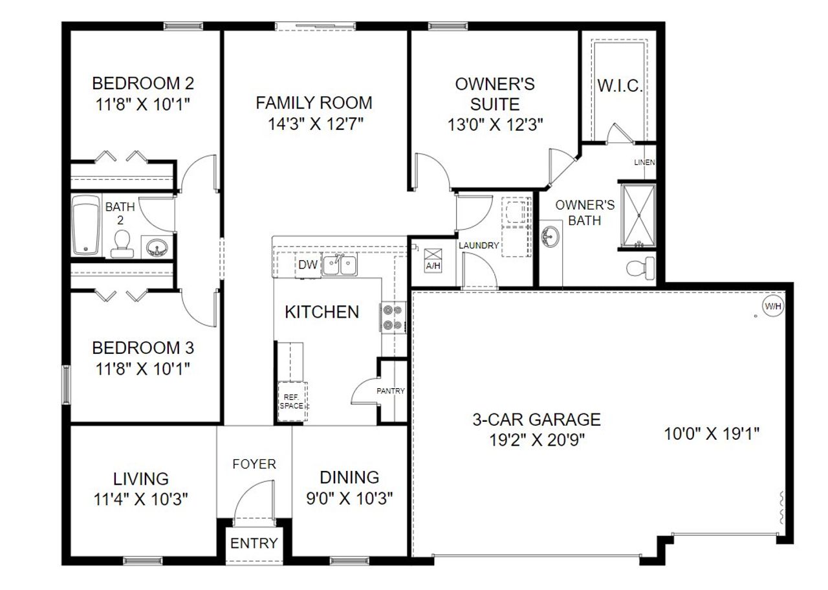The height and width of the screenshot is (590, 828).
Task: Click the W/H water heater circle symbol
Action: click(772, 306)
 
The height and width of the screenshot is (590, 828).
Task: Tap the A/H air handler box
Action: click(432, 259)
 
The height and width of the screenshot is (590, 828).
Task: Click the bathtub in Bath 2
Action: click(84, 224)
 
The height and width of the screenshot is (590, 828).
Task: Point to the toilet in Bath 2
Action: click(121, 245)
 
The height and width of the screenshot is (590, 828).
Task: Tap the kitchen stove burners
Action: click(391, 318)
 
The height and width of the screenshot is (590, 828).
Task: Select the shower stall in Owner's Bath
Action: click(638, 216)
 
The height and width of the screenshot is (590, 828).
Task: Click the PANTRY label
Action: click(391, 391)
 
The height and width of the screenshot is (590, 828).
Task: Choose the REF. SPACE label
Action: click(291, 401)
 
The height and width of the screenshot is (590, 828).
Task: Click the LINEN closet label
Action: click(644, 162)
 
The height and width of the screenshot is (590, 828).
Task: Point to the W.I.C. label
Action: click(620, 87)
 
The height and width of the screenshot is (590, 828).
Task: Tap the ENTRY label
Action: click(254, 543)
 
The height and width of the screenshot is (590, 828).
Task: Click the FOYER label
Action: click(254, 464)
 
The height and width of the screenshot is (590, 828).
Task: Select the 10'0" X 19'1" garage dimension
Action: click(712, 433)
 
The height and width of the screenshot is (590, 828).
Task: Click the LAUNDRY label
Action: click(479, 246)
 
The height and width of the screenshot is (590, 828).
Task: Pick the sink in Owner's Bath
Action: click(550, 235)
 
